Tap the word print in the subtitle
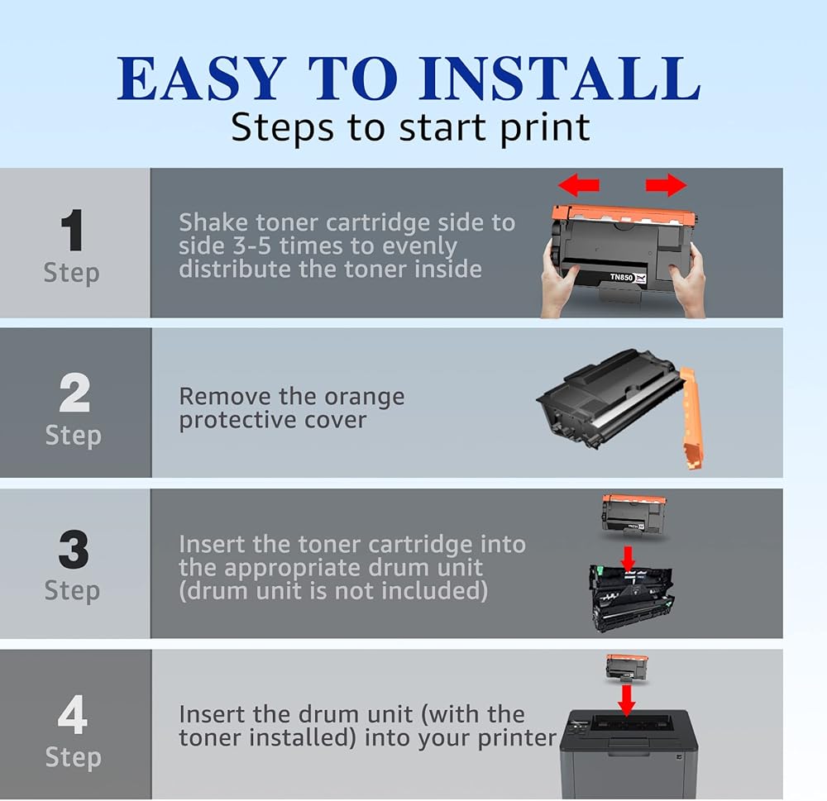[x=545, y=129]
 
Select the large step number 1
[x=72, y=230]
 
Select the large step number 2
[x=74, y=393]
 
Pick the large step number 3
[x=74, y=550]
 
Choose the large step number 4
[x=73, y=714]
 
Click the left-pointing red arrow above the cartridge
[x=579, y=185]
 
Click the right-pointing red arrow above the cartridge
[x=666, y=185]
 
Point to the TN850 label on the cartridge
[x=621, y=277]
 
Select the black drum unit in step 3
[x=631, y=598]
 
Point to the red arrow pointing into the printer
[x=627, y=701]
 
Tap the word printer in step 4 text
[x=517, y=738]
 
